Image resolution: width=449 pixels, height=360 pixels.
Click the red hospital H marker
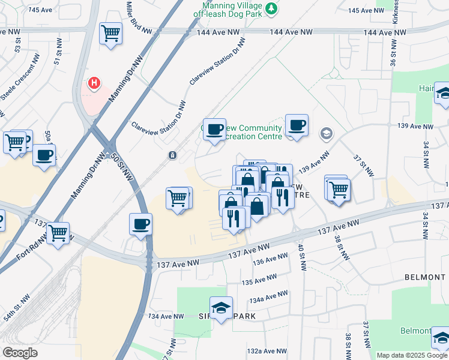pyautogui.click(x=94, y=83)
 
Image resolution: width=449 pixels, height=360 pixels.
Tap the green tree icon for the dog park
pyautogui.click(x=272, y=8)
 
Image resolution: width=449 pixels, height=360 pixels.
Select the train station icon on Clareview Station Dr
pyautogui.click(x=172, y=155)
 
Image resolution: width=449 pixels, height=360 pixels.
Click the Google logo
pyautogui.click(x=20, y=353)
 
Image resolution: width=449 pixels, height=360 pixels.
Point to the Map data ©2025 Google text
pyautogui.click(x=412, y=355)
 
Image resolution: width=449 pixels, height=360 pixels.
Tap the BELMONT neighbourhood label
pyautogui.click(x=425, y=277)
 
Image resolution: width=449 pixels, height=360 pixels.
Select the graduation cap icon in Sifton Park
pyautogui.click(x=221, y=308)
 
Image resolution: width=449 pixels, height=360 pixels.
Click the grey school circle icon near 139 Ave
pyautogui.click(x=327, y=133)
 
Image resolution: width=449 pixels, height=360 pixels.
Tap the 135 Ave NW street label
pyautogui.click(x=259, y=280)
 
